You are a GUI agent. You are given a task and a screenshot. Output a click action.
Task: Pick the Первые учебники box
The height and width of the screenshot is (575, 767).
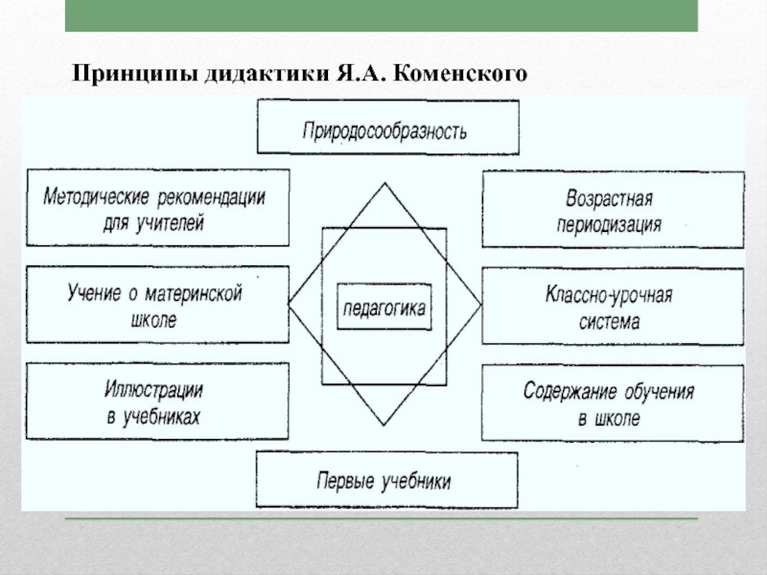[385, 480]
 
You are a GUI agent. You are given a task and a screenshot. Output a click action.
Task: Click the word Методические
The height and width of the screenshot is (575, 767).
[94, 199]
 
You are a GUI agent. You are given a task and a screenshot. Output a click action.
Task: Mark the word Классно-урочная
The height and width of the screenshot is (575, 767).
[608, 294]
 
